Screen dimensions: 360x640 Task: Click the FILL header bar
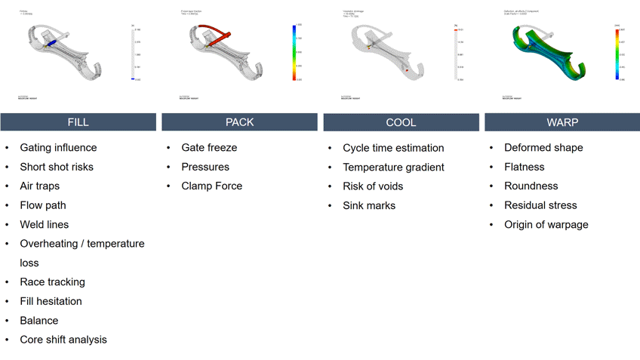click(78, 122)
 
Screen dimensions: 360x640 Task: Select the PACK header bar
click(239, 122)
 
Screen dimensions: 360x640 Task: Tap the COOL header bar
click(401, 122)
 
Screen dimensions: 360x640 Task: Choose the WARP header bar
click(562, 122)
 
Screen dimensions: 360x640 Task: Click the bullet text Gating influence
click(58, 148)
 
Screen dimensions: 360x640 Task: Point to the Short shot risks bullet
click(57, 167)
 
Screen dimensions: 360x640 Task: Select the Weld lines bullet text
click(44, 224)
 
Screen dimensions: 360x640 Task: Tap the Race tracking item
click(52, 282)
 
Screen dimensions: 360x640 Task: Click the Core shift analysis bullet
click(63, 340)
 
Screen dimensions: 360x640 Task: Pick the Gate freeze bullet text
click(209, 148)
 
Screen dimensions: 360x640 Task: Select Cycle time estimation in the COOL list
click(393, 148)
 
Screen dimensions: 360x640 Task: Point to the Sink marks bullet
click(369, 205)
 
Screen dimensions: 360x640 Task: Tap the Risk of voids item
click(373, 186)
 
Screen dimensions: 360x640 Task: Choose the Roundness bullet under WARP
click(531, 186)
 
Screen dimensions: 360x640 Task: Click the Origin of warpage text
click(546, 224)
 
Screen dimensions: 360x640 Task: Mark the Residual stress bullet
click(540, 205)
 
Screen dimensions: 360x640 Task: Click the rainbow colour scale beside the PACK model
click(294, 52)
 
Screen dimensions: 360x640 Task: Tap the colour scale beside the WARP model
click(617, 52)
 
